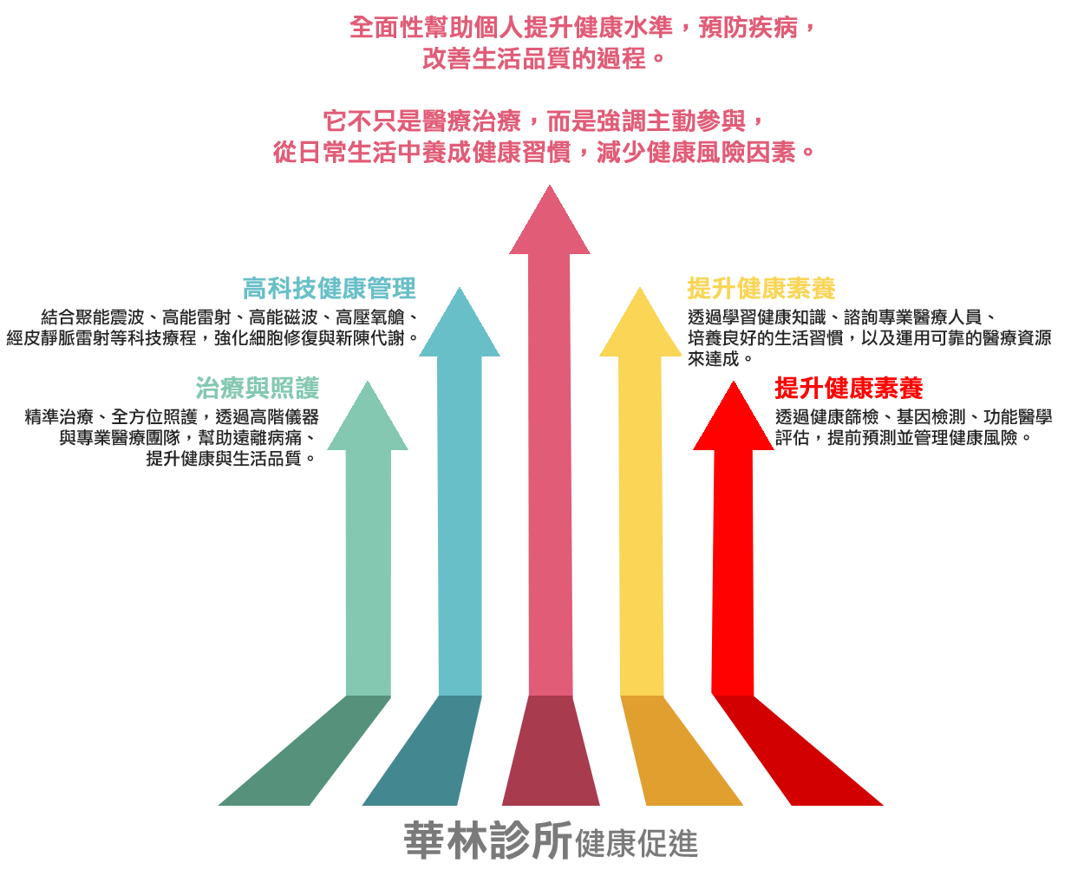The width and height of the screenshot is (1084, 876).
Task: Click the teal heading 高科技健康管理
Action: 329,288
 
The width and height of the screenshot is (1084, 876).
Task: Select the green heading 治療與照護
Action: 258,388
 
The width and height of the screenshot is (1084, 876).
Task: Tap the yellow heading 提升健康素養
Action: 761,288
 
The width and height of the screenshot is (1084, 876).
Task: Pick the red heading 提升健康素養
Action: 848,387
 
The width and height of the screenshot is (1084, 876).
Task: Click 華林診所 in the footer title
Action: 487,840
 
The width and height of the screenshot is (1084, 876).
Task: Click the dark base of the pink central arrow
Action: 550,750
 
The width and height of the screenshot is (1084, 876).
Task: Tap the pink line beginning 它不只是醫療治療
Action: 544,121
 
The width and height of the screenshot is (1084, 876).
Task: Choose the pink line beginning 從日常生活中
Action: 544,152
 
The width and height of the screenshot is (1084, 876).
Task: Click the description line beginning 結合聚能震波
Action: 230,317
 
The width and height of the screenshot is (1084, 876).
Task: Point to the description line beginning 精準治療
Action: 172,417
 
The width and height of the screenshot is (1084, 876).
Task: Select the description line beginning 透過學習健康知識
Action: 841,317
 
